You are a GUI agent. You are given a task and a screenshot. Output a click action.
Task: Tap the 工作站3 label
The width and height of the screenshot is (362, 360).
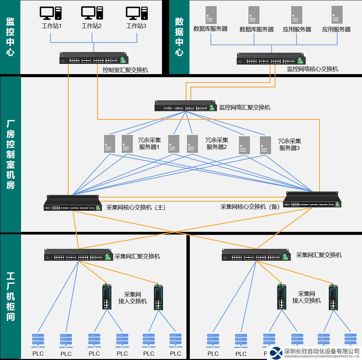(x=136, y=26)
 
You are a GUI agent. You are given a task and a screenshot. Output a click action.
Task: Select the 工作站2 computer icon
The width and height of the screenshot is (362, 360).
(x=92, y=14)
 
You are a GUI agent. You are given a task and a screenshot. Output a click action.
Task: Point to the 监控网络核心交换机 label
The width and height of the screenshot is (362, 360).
(x=312, y=69)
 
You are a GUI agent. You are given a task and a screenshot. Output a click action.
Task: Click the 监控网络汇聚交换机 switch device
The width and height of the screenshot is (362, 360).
(x=185, y=106)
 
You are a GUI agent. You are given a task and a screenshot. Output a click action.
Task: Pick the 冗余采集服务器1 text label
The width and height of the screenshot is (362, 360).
(x=149, y=144)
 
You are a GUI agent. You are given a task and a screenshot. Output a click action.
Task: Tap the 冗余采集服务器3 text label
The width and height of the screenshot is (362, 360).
(x=290, y=144)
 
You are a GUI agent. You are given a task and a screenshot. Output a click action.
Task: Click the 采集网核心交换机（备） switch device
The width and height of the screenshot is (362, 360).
(x=312, y=200)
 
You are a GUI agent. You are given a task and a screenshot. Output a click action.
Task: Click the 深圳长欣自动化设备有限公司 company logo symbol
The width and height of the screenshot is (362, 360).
(x=276, y=353)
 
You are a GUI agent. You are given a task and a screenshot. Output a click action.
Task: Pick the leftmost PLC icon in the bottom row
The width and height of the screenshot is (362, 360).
(x=38, y=340)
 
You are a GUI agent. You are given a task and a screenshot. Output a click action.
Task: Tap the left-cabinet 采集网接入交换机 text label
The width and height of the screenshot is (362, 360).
(x=132, y=298)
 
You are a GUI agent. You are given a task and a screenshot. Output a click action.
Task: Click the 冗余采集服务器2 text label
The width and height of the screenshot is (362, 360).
(x=217, y=143)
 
